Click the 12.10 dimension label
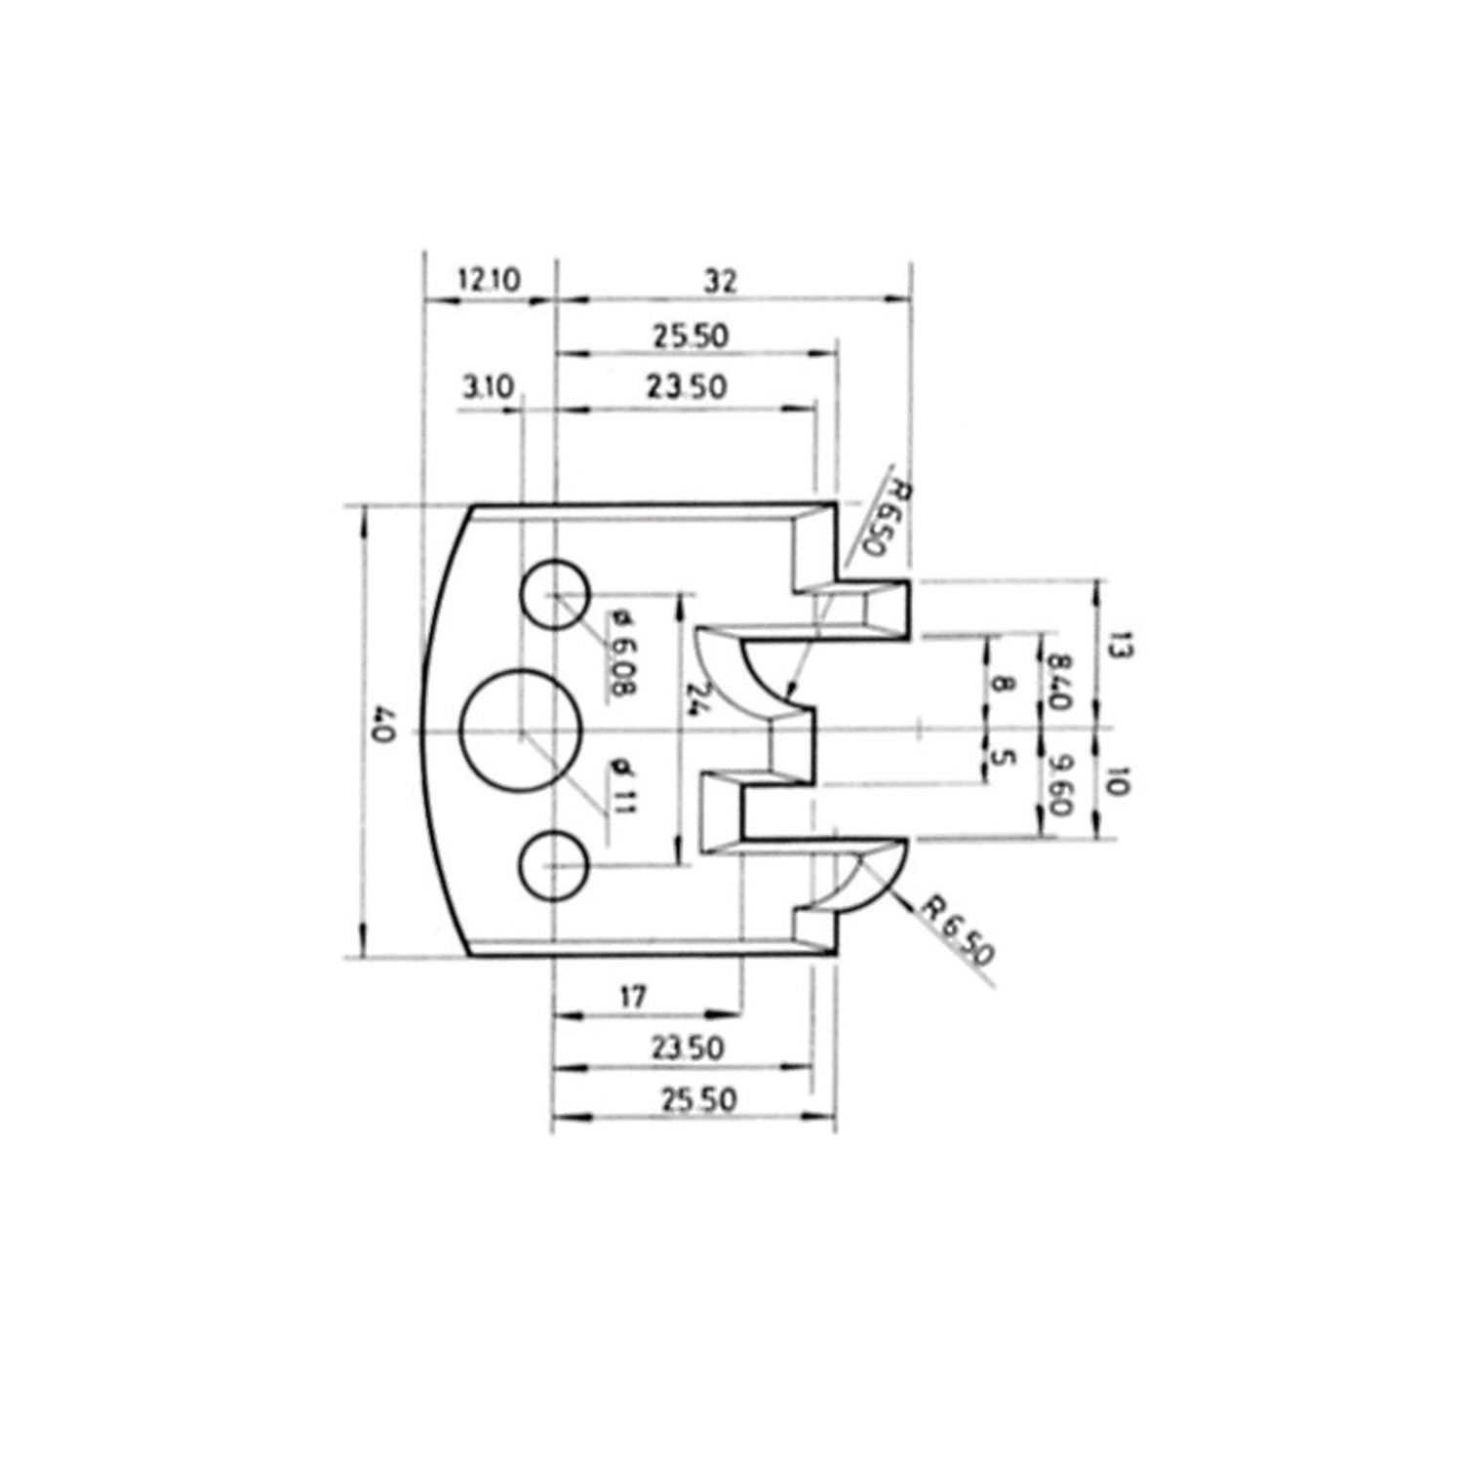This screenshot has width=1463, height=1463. click(x=490, y=281)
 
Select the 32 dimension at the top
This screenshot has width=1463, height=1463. click(x=723, y=281)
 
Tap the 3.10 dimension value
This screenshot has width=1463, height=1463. click(x=485, y=388)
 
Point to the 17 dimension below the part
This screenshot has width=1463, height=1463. click(x=633, y=997)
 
